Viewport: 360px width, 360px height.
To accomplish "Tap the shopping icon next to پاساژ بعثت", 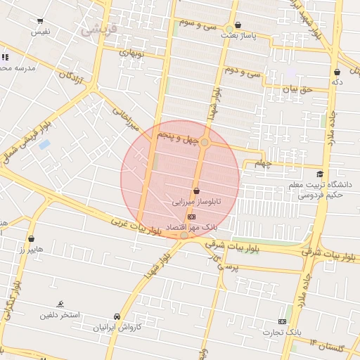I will [238, 25].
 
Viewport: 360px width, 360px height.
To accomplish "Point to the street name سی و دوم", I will [243, 72].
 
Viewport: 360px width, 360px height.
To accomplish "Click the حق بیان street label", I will [296, 89].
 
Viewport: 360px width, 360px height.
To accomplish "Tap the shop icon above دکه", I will [337, 72].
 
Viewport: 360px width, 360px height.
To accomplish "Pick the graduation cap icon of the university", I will [320, 174].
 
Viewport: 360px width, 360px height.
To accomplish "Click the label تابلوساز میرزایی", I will [196, 201].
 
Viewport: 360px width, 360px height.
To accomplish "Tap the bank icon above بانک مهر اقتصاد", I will [193, 217].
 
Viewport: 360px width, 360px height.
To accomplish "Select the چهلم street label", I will [262, 164].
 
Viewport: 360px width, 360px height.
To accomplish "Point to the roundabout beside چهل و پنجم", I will [205, 143].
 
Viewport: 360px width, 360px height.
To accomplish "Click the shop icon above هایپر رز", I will [32, 239].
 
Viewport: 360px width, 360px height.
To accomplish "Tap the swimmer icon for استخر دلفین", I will [62, 304].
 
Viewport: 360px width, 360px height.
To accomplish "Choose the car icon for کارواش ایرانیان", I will [117, 317].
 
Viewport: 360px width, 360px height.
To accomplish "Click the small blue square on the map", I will [44, 145].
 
